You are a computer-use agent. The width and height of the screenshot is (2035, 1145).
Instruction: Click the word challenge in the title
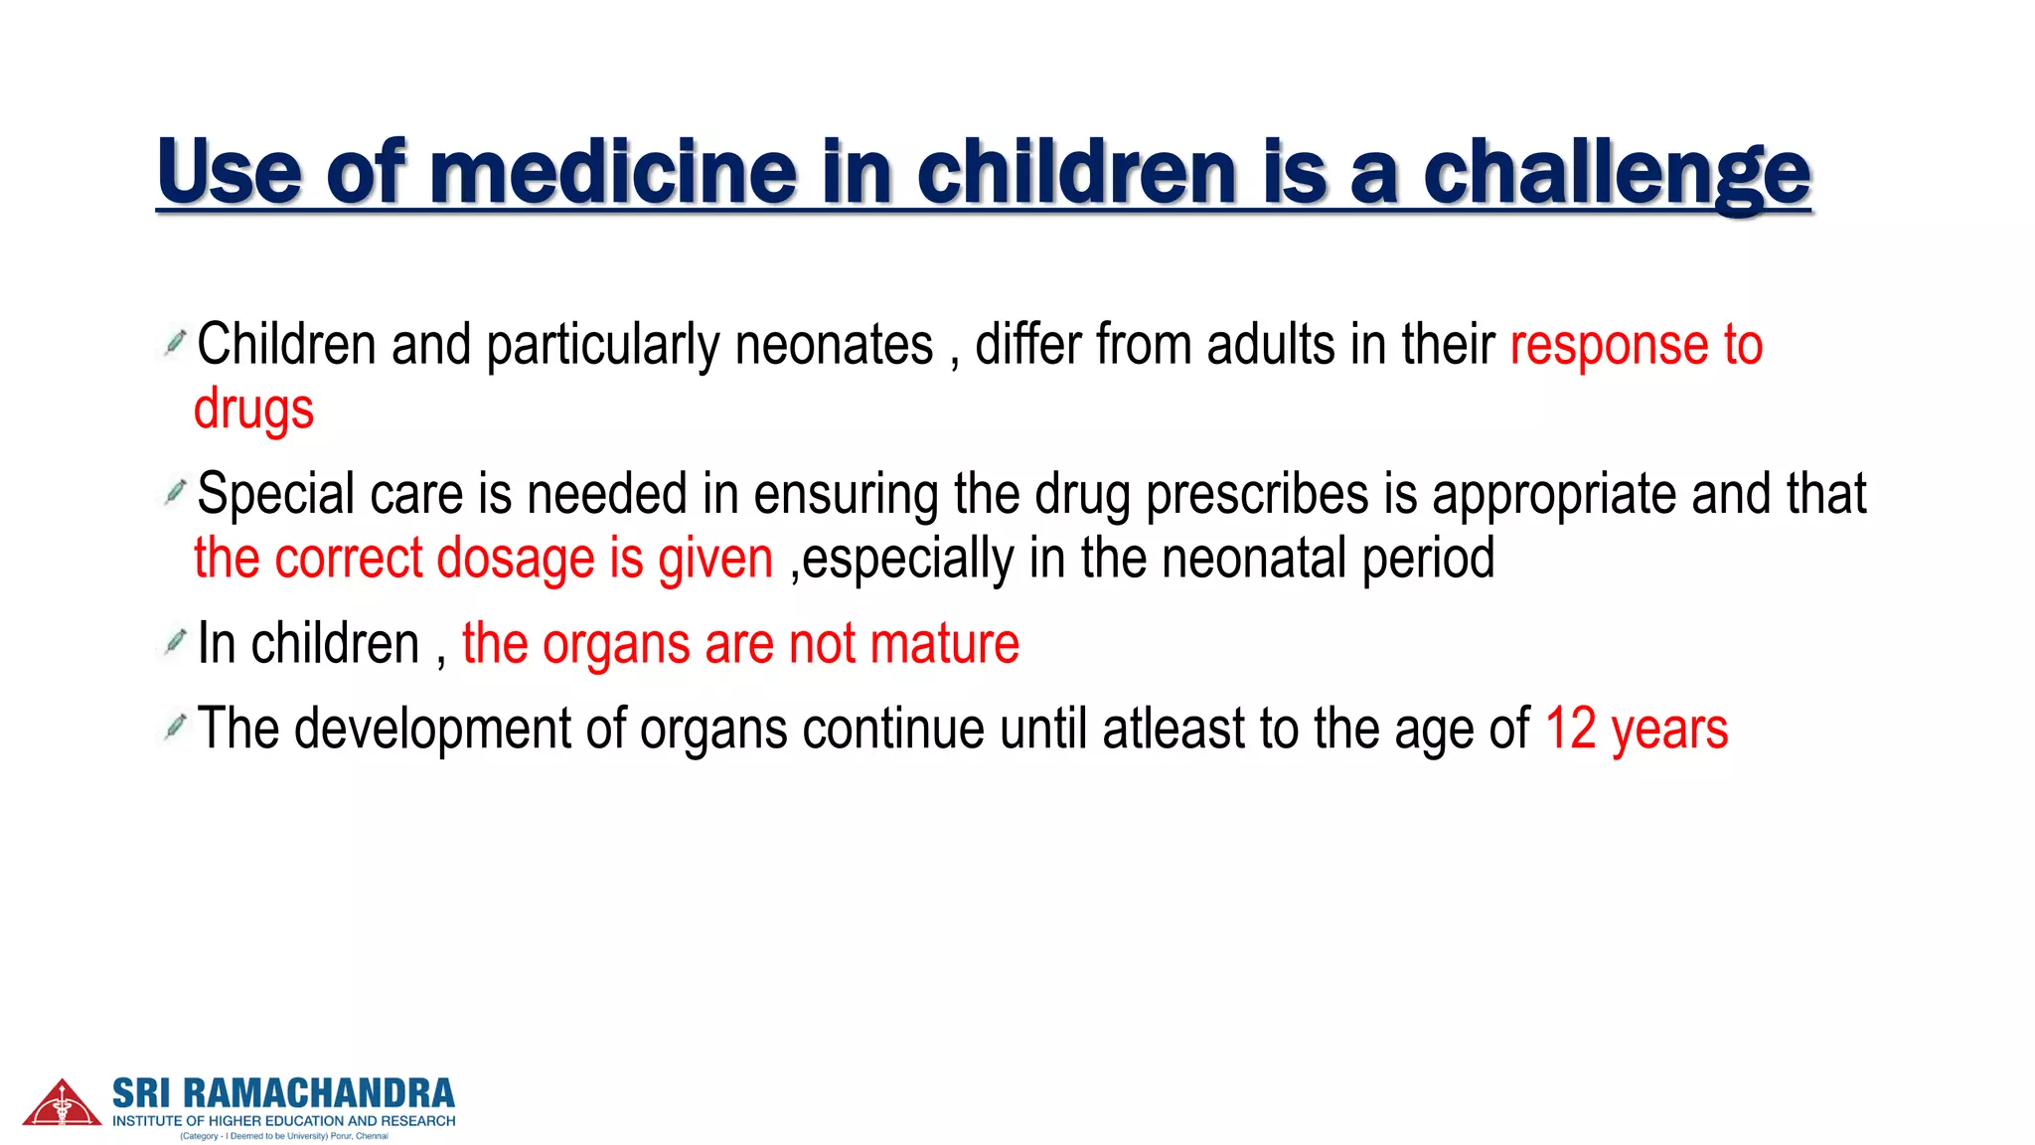click(x=1617, y=173)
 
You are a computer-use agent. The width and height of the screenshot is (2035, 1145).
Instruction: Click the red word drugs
click(x=253, y=409)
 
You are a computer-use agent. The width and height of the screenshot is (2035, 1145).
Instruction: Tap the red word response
click(x=1609, y=346)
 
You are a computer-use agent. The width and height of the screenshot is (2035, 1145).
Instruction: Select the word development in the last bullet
click(x=432, y=729)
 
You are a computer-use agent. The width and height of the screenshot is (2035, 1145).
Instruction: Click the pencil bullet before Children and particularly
click(x=175, y=343)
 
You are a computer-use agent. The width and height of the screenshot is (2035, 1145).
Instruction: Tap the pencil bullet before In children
click(x=175, y=642)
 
